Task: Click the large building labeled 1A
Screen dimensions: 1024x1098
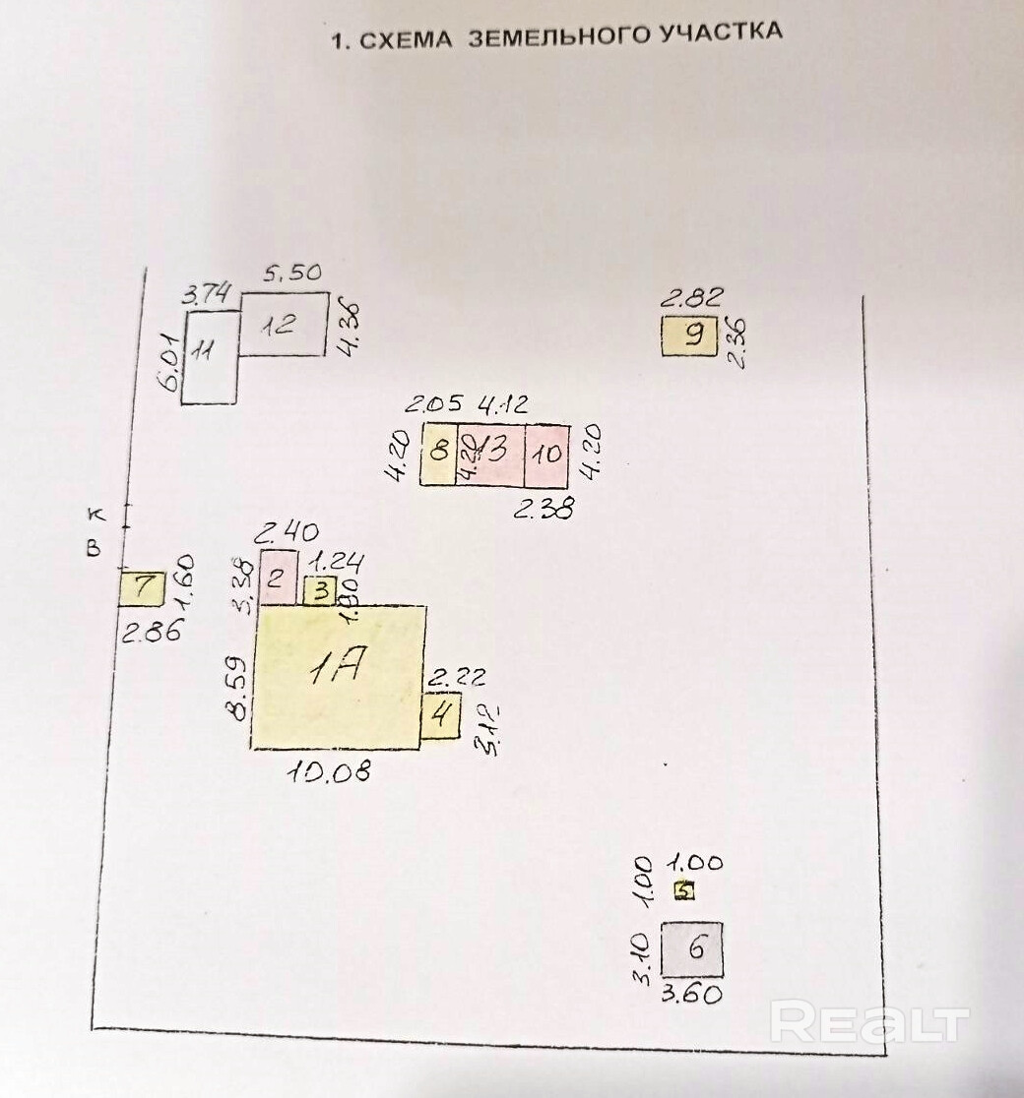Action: pyautogui.click(x=339, y=677)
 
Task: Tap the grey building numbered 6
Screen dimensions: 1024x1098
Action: pyautogui.click(x=692, y=948)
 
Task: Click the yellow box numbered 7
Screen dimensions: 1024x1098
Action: pyautogui.click(x=142, y=588)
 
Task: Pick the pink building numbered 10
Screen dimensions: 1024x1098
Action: pyautogui.click(x=547, y=454)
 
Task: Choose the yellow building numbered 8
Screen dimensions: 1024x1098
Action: pyautogui.click(x=438, y=454)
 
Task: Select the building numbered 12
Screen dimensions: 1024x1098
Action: pyautogui.click(x=283, y=324)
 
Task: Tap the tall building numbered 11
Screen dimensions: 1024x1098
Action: pyautogui.click(x=210, y=357)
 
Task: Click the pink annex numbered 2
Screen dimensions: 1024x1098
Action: pyautogui.click(x=277, y=577)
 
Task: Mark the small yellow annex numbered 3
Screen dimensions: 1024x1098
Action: pyautogui.click(x=320, y=590)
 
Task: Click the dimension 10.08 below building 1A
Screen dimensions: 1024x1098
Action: pyautogui.click(x=329, y=771)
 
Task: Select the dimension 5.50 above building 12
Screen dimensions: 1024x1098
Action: pyautogui.click(x=292, y=274)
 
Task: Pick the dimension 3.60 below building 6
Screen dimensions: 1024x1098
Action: pyautogui.click(x=691, y=994)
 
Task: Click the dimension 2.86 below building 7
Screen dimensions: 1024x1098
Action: pyautogui.click(x=151, y=632)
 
